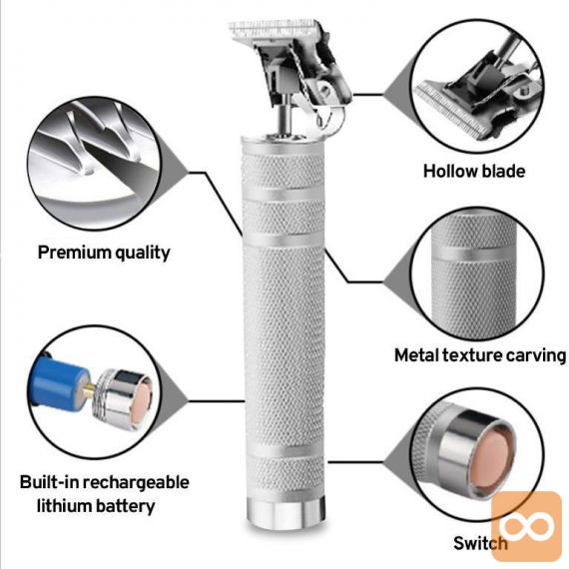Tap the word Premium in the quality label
point(68,252)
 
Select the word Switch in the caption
point(480,543)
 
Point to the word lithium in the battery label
point(60,506)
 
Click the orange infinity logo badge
point(526,525)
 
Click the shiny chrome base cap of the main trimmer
point(285,513)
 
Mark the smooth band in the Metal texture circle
point(473,253)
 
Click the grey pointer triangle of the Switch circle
point(398,463)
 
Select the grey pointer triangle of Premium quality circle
point(174,172)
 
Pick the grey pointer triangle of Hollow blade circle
point(398,95)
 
